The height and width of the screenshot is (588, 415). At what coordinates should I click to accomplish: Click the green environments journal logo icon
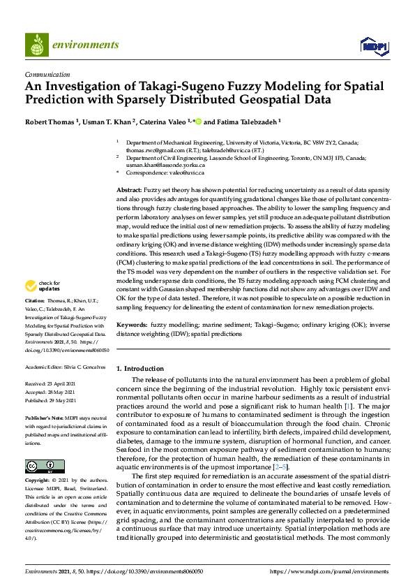point(36,45)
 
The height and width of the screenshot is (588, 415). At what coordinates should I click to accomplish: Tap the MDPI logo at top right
point(373,46)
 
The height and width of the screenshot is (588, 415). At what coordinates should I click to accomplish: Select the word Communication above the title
point(47,74)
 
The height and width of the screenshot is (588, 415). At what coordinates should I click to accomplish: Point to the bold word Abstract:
point(129,190)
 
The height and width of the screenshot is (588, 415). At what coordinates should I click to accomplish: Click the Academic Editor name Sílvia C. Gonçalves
point(86,367)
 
